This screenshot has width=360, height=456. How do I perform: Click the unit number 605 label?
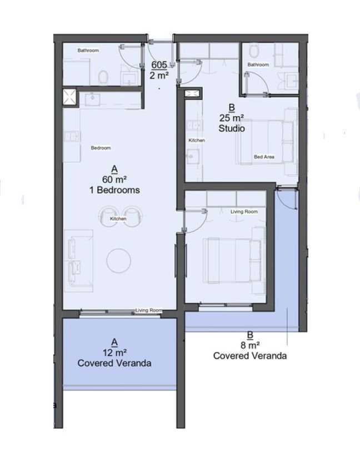(159, 65)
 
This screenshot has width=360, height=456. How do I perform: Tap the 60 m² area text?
(114, 180)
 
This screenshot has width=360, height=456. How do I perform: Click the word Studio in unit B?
(232, 128)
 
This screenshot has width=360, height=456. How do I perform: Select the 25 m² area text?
(232, 118)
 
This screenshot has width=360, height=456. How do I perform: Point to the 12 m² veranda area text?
(114, 353)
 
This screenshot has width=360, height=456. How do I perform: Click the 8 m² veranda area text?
(250, 345)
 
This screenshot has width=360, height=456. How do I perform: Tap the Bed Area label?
(264, 157)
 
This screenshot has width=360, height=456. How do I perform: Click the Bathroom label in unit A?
(88, 50)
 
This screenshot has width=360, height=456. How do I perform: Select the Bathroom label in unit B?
(258, 65)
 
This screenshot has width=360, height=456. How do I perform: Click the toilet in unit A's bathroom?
(103, 78)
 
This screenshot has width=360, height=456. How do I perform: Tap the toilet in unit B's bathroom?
(254, 51)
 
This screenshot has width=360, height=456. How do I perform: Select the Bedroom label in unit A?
(101, 148)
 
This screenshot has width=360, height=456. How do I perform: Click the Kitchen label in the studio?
(197, 140)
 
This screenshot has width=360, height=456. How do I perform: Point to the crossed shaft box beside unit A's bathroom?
(69, 97)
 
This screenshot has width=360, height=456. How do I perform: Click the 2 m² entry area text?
(159, 76)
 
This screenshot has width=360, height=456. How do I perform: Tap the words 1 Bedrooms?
(114, 190)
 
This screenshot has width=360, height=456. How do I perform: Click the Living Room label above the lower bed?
(244, 212)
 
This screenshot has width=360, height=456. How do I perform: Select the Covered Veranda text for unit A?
(114, 363)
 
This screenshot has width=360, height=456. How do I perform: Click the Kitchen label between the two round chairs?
(118, 219)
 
